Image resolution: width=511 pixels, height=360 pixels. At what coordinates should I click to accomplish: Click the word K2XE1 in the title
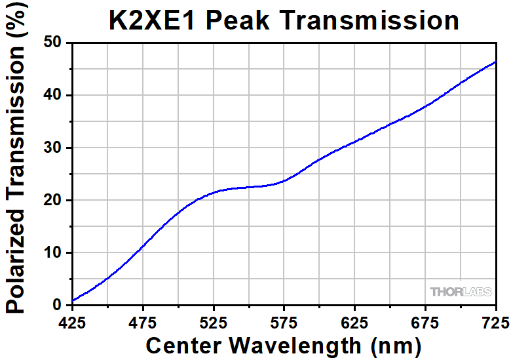(x=151, y=20)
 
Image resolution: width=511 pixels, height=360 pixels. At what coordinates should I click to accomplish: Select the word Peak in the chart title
(x=238, y=20)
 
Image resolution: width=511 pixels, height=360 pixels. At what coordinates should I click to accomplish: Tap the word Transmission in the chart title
(x=369, y=20)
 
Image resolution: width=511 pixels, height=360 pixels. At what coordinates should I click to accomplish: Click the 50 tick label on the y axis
(x=52, y=43)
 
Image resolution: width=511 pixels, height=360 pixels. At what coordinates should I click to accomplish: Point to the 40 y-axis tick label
(x=52, y=95)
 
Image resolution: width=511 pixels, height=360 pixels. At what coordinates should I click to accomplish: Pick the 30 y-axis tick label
(x=52, y=148)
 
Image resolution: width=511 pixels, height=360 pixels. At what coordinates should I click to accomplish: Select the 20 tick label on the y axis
(x=52, y=200)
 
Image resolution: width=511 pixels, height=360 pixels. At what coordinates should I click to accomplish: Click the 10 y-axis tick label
(x=52, y=252)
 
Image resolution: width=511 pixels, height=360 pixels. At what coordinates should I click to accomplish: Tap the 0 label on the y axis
(x=57, y=305)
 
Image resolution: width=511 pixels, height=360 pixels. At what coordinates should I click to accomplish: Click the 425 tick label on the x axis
(x=72, y=323)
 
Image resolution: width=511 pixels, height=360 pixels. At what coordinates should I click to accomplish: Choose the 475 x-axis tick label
(x=143, y=323)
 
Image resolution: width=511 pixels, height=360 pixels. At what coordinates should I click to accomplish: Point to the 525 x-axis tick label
(x=214, y=323)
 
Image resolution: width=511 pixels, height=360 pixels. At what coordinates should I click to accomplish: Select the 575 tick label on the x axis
(x=284, y=323)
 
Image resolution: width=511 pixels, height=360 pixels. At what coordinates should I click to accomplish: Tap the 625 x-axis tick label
(x=354, y=323)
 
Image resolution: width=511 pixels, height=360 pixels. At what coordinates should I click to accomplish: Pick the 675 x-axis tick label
(x=425, y=323)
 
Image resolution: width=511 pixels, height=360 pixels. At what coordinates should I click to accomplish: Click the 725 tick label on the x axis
(x=496, y=323)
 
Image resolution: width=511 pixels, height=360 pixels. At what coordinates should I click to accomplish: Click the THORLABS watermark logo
(x=461, y=292)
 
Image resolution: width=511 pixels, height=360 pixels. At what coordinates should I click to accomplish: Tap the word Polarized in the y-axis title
(x=15, y=260)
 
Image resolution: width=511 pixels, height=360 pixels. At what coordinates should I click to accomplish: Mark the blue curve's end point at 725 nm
(x=496, y=61)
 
